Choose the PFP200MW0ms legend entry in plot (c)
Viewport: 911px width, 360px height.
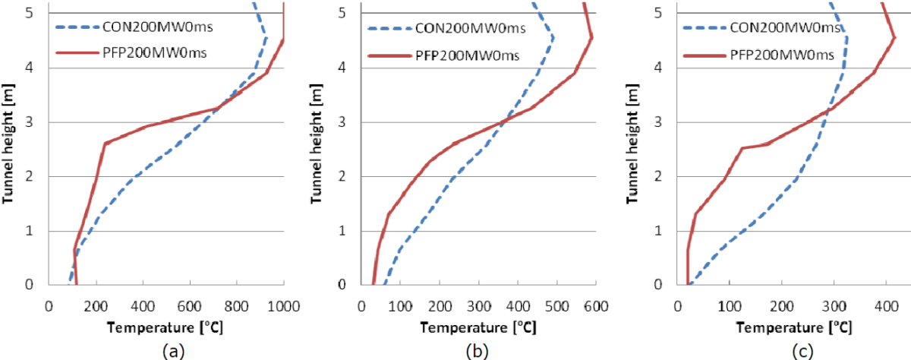click(783, 55)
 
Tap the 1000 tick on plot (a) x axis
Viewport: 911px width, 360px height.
click(282, 303)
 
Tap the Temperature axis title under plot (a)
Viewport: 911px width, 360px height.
click(165, 328)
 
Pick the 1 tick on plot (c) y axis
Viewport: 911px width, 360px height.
click(665, 231)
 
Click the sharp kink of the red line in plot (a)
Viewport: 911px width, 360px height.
click(105, 142)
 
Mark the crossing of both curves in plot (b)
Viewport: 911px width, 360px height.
click(503, 121)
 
